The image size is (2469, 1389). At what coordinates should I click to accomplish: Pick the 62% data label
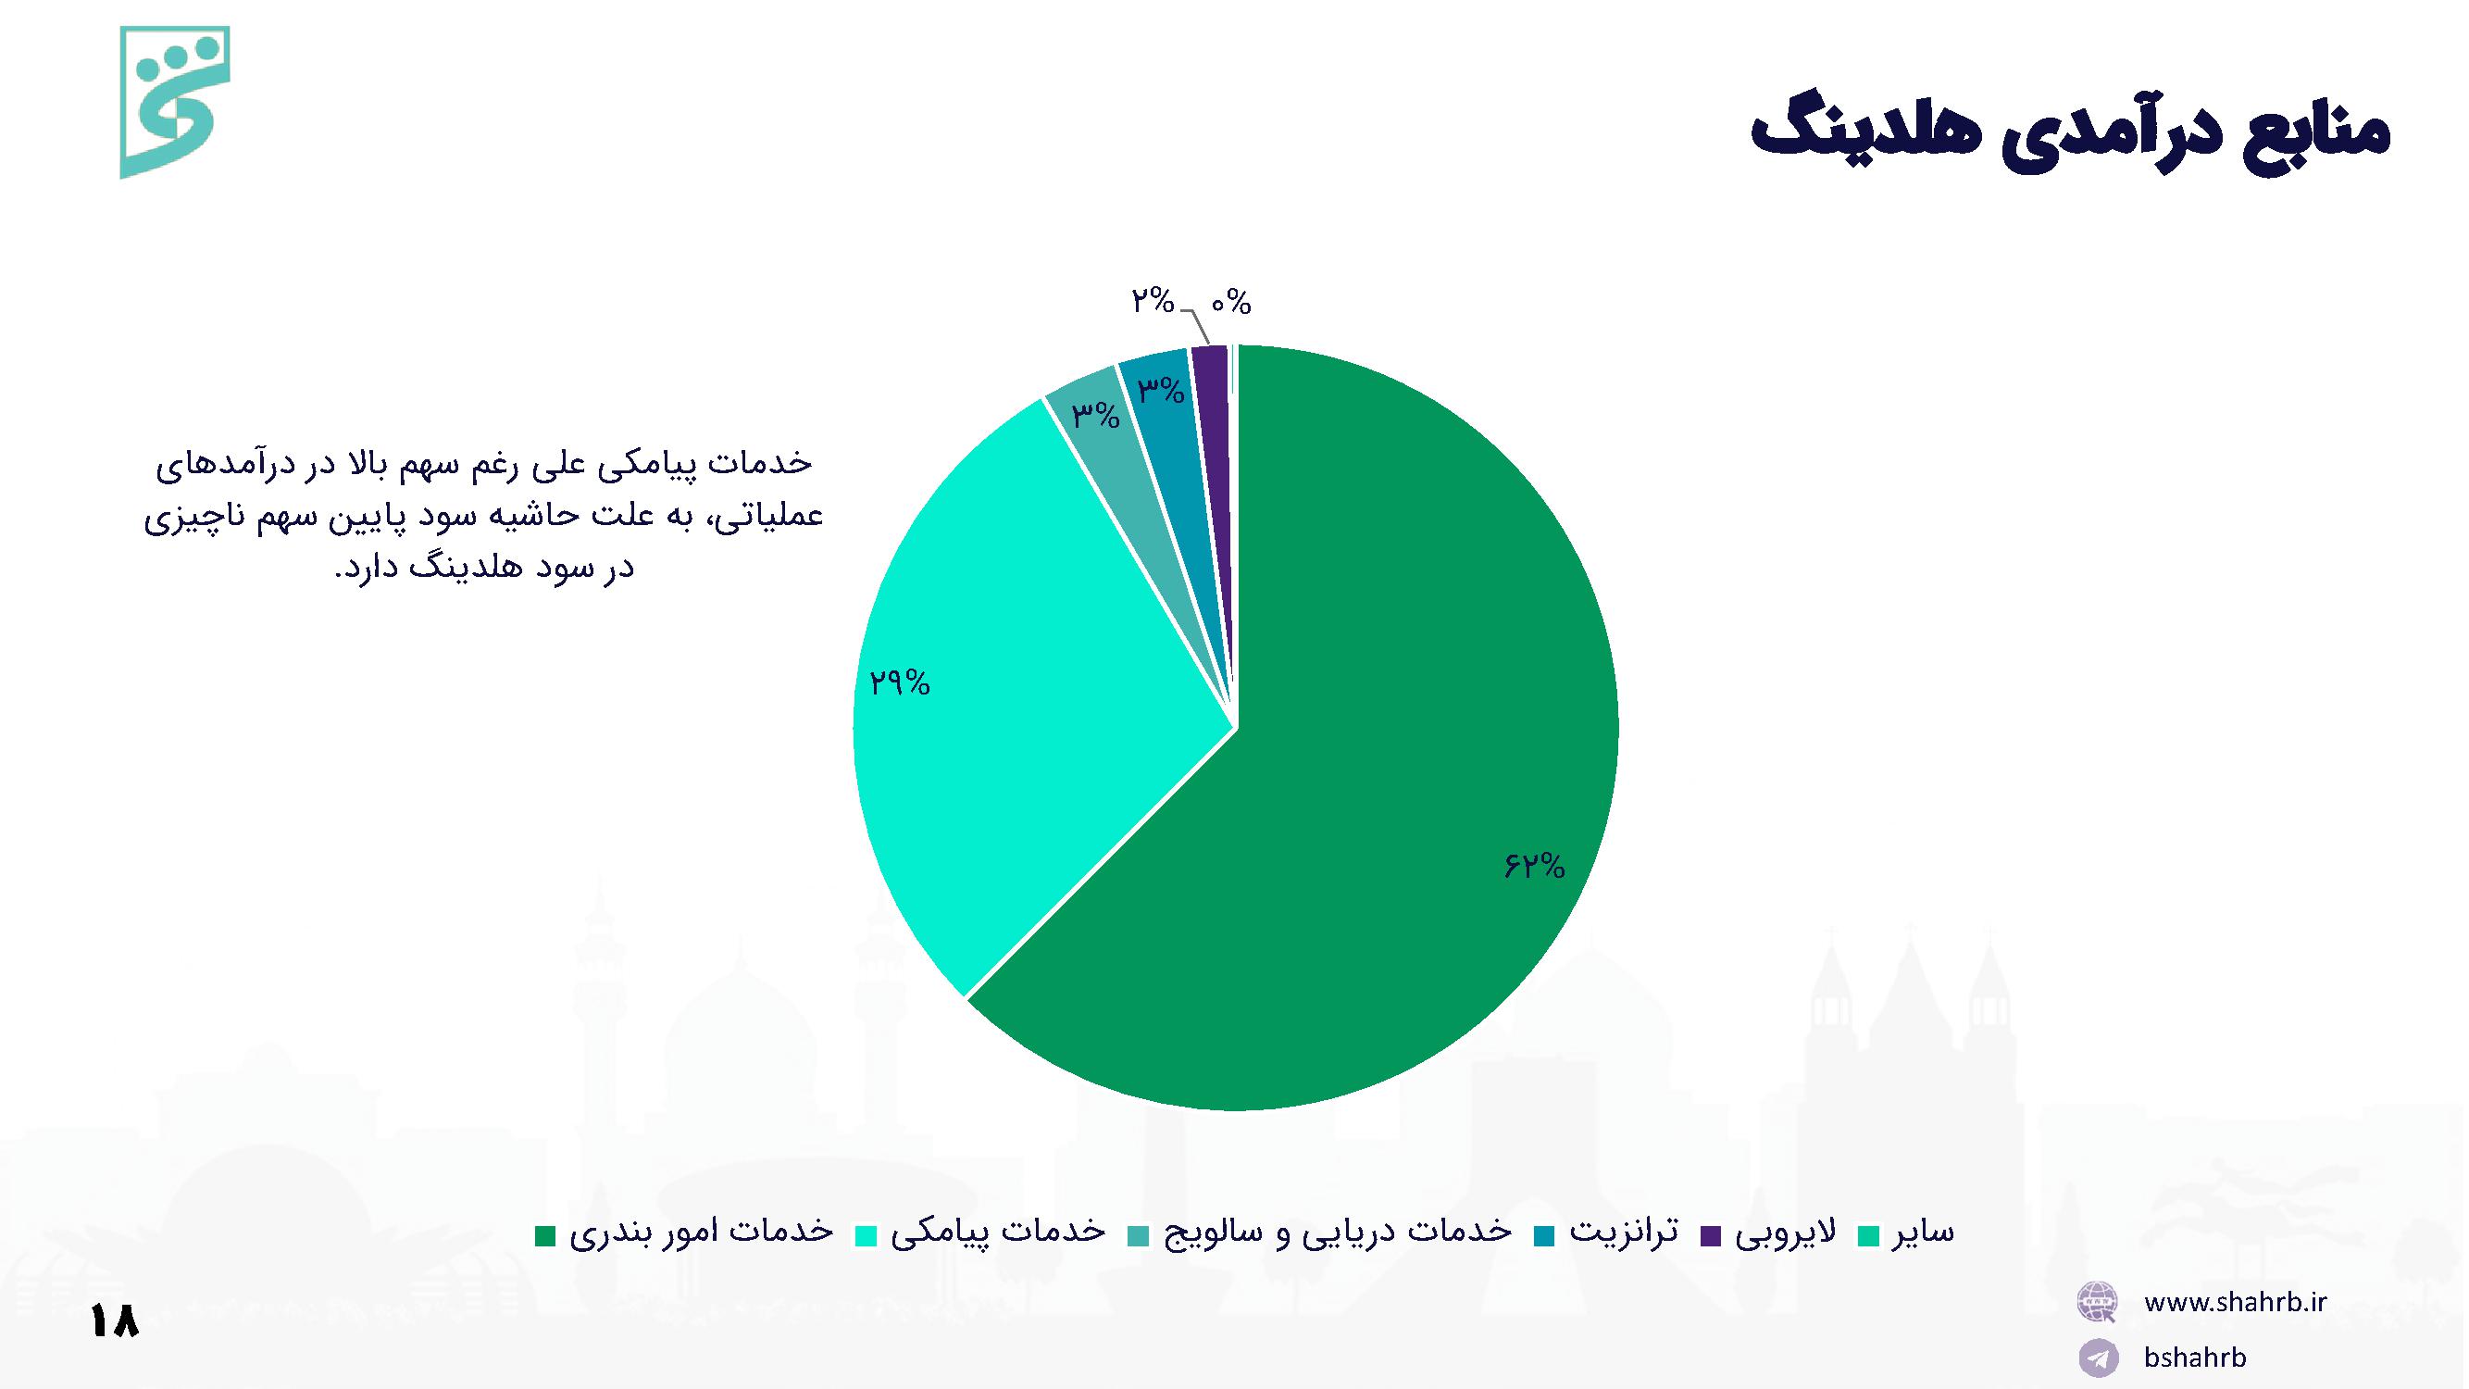(1534, 867)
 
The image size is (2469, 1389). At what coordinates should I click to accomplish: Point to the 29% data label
(899, 682)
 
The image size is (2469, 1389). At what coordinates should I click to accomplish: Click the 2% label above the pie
(1152, 302)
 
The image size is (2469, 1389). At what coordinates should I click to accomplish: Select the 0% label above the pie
(1230, 304)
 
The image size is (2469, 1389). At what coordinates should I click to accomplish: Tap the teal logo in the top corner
(174, 102)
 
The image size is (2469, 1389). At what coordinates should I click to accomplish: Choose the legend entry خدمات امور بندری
(683, 1233)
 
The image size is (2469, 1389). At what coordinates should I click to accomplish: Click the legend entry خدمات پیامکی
(980, 1233)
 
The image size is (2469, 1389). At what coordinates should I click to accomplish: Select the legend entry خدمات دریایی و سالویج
(1320, 1233)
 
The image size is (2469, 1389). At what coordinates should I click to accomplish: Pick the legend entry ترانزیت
(1605, 1233)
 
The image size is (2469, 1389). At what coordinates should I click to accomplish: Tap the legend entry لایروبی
(1768, 1233)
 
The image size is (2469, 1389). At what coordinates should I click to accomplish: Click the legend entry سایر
(1905, 1233)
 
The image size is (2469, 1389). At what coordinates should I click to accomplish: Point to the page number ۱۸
(115, 1321)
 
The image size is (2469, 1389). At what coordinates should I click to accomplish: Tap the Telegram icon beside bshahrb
(2098, 1358)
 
